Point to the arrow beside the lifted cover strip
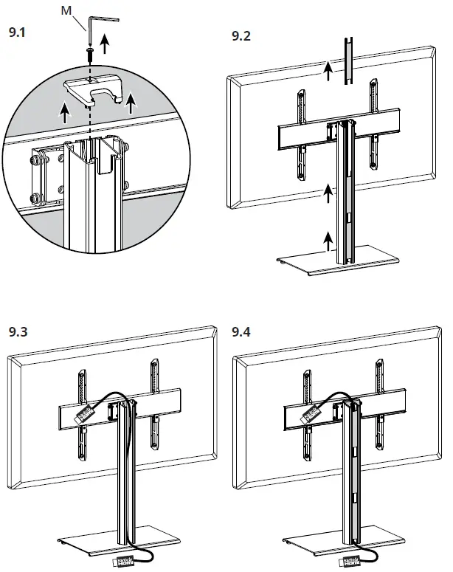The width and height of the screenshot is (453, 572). (x=329, y=70)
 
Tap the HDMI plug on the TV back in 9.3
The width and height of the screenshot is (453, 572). (x=83, y=415)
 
